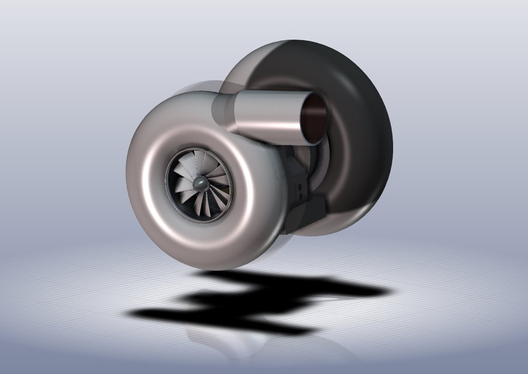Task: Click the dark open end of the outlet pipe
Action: (x=314, y=117)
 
